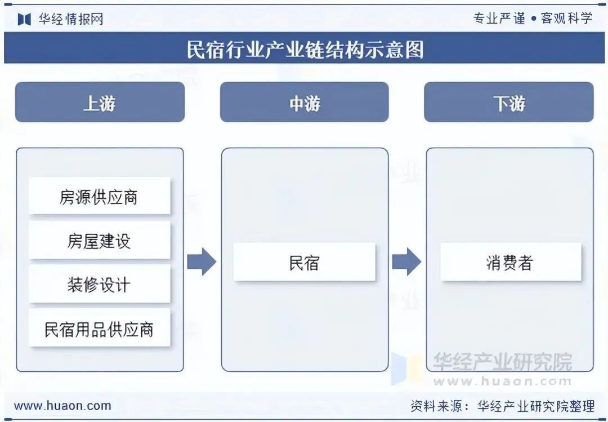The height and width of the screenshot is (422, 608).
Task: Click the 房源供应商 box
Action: pos(99,197)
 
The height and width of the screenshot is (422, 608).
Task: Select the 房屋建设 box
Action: pos(99,241)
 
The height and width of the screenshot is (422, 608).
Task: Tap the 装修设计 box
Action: pos(99,285)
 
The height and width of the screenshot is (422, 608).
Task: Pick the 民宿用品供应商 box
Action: pos(99,328)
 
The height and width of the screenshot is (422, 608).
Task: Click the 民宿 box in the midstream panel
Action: pos(304,262)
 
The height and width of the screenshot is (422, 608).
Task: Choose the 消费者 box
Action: pos(510,262)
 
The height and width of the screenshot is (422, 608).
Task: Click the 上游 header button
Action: pos(100,103)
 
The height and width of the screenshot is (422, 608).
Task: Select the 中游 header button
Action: pos(304,103)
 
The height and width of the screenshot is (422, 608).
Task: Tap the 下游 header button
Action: pos(509,103)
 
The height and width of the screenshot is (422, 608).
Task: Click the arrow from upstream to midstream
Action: pos(202,261)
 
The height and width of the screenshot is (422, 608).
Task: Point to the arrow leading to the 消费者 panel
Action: pos(406,261)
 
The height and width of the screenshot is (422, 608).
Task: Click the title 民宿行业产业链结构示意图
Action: pos(305,50)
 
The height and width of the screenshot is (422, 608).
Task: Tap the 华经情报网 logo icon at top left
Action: pos(24,19)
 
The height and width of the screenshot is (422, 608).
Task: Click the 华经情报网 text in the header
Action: pos(71,19)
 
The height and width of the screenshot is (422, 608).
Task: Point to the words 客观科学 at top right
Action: pos(566,18)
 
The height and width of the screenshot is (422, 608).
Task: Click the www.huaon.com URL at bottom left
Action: pos(62,406)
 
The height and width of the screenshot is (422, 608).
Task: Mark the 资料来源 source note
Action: pos(502,406)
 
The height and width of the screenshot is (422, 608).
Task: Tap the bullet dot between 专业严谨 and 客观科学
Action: pos(533,19)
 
